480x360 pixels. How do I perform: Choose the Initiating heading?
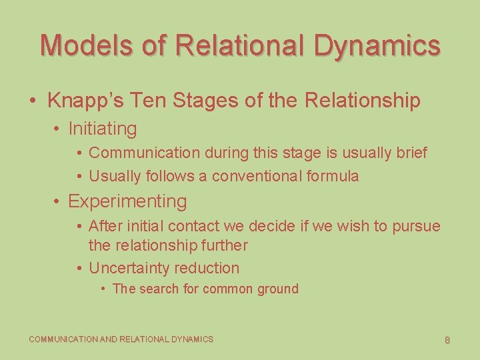[x=102, y=129]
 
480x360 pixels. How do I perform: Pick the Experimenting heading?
[x=127, y=201]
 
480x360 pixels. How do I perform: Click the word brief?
[x=411, y=153]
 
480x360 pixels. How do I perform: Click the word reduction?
[x=207, y=268]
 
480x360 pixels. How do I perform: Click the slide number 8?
[x=447, y=340]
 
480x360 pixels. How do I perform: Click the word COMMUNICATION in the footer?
[x=63, y=339]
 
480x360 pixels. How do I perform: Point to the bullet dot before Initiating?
[x=59, y=129]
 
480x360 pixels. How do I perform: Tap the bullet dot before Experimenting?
[x=59, y=201]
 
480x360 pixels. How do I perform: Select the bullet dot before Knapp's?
[x=33, y=101]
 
